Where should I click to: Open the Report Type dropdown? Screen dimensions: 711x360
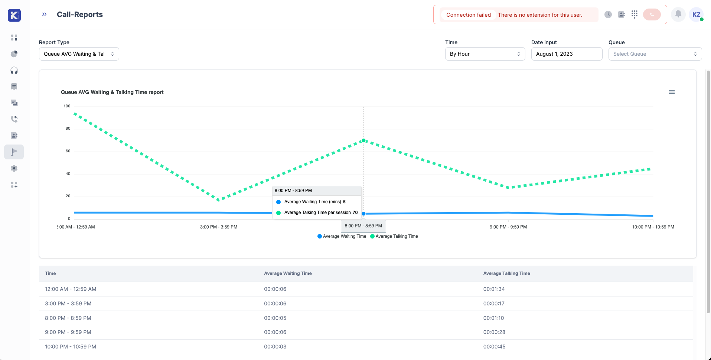point(79,54)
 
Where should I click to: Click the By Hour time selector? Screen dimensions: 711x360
point(485,54)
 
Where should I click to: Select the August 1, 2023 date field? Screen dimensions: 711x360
point(567,54)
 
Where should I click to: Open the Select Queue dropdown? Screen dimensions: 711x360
point(655,54)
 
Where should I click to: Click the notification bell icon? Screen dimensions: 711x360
point(678,14)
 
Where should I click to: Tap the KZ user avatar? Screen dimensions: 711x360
point(697,14)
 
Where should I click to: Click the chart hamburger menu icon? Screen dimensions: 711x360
point(672,92)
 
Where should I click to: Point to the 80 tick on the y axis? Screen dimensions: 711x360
point(68,129)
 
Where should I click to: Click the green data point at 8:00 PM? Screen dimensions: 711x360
point(363,140)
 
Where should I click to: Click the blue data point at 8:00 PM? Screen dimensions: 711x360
point(363,214)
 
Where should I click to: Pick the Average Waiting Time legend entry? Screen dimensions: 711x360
point(342,236)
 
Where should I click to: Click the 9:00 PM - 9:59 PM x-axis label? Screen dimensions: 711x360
point(508,227)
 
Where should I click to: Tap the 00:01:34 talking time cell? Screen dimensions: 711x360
point(494,289)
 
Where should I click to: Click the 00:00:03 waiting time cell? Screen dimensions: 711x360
point(275,347)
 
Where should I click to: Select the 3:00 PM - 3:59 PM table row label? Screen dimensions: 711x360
point(68,304)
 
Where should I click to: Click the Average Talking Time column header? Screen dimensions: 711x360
point(506,273)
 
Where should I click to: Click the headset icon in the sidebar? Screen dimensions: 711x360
point(14,71)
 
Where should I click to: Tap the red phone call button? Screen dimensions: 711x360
point(652,14)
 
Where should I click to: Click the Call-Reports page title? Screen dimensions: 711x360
point(80,14)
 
